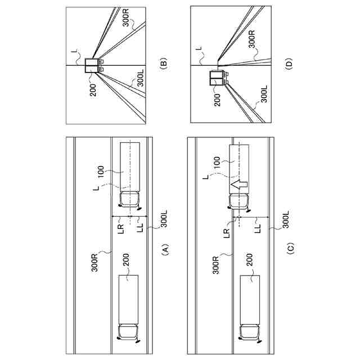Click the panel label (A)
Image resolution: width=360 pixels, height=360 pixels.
pyautogui.click(x=165, y=249)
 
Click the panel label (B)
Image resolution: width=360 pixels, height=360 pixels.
pyautogui.click(x=164, y=62)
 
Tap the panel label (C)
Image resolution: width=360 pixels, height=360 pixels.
pyautogui.click(x=290, y=249)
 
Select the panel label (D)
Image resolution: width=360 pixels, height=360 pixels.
pyautogui.click(x=289, y=62)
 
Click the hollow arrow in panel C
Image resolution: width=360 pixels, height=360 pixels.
pyautogui.click(x=238, y=184)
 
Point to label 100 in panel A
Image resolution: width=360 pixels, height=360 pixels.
pyautogui.click(x=101, y=172)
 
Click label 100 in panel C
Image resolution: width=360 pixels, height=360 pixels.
pyautogui.click(x=217, y=163)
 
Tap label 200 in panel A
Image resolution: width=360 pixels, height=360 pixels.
pyautogui.click(x=126, y=260)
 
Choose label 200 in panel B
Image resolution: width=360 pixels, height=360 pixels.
pyautogui.click(x=93, y=90)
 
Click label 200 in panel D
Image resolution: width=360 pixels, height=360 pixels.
pyautogui.click(x=217, y=100)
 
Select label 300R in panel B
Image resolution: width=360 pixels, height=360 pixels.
pyautogui.click(x=126, y=17)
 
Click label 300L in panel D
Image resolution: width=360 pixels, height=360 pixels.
pyautogui.click(x=264, y=94)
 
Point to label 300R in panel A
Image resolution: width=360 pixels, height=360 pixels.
pyautogui.click(x=94, y=262)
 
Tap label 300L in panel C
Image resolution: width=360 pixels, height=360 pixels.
pyautogui.click(x=286, y=219)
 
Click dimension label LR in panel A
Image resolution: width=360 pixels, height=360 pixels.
pyautogui.click(x=121, y=229)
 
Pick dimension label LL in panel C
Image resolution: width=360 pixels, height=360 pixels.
pyautogui.click(x=258, y=228)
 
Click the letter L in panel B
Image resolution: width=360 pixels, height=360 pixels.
pyautogui.click(x=75, y=51)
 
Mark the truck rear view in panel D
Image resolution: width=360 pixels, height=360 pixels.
pyautogui.click(x=219, y=78)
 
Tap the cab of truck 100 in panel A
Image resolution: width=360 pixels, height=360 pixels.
pyautogui.click(x=130, y=201)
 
